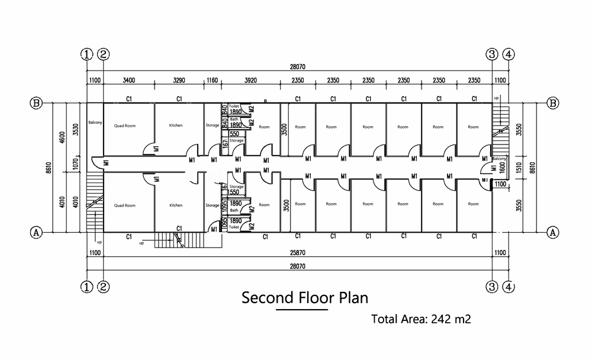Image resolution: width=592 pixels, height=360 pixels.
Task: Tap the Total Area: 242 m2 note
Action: [421, 319]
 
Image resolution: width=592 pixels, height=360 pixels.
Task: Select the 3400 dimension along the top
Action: [130, 81]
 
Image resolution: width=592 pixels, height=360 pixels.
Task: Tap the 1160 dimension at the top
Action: [213, 81]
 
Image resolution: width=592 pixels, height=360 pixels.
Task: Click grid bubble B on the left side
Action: [36, 103]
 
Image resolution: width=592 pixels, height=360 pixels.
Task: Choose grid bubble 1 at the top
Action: [87, 54]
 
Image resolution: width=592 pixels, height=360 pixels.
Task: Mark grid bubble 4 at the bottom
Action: [508, 287]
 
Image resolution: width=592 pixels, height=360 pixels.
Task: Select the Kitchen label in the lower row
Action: [176, 205]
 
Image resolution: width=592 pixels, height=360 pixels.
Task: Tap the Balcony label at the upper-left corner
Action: [95, 123]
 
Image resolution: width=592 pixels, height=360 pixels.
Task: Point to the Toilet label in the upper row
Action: [234, 104]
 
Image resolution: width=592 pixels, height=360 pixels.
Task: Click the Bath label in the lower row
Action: [234, 210]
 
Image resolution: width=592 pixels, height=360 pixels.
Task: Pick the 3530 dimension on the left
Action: [75, 130]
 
